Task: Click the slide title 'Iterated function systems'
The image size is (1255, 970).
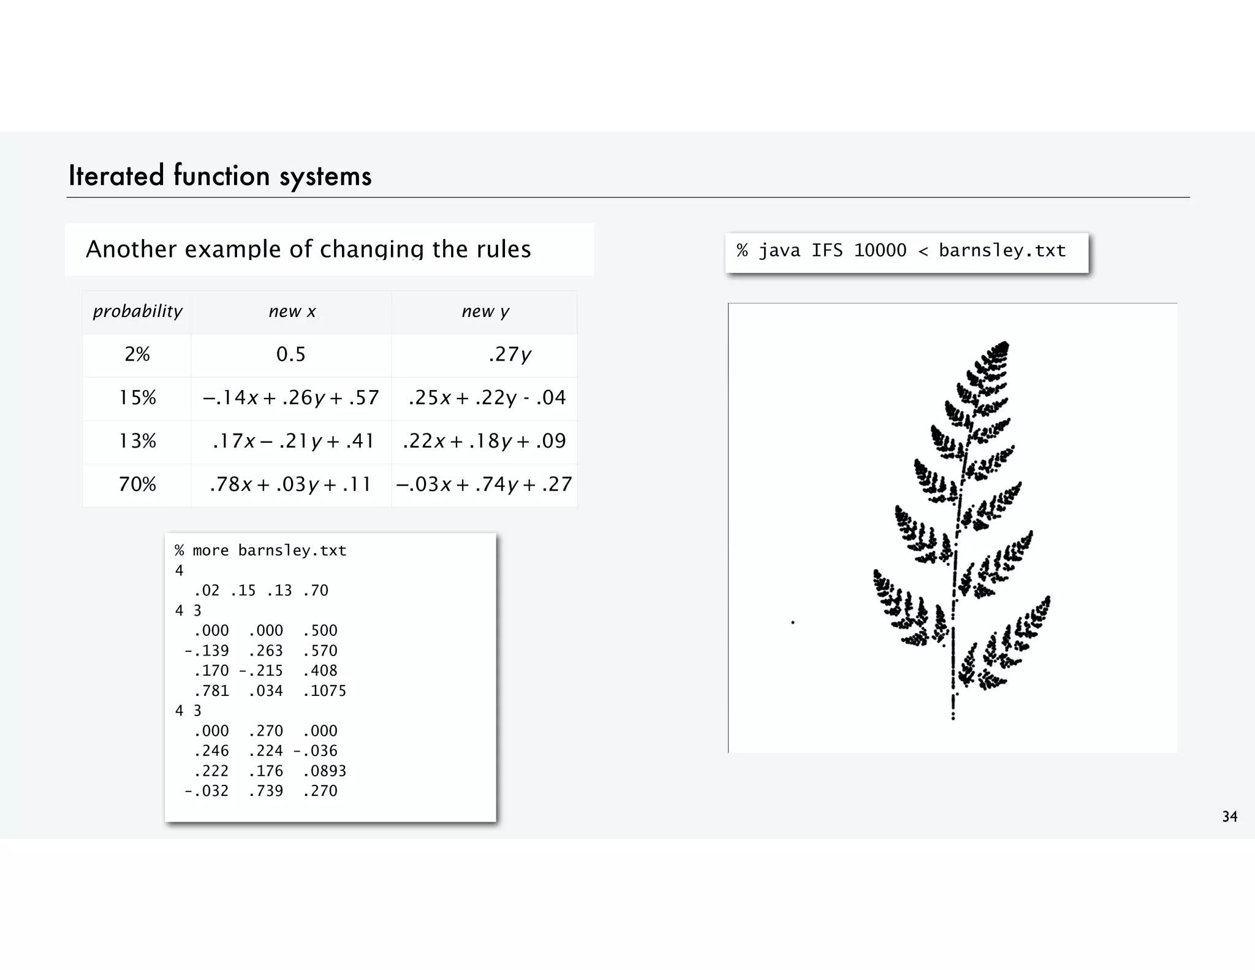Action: click(x=220, y=176)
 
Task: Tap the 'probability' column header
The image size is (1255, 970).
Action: click(x=137, y=311)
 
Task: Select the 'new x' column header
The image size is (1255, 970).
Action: click(x=292, y=311)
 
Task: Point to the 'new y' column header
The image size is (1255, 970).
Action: click(x=485, y=311)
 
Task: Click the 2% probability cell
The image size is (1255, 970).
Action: click(x=137, y=354)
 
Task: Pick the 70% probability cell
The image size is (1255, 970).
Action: click(x=137, y=484)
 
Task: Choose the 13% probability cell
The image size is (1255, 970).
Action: click(x=137, y=441)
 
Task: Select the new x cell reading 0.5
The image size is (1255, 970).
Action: click(x=290, y=354)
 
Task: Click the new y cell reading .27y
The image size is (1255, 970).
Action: click(x=509, y=354)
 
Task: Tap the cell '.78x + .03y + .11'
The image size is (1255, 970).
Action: click(x=290, y=484)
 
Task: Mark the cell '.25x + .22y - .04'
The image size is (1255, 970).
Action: click(x=487, y=398)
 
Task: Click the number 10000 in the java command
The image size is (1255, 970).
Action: click(x=880, y=250)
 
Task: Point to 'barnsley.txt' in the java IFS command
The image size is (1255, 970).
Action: click(x=1002, y=250)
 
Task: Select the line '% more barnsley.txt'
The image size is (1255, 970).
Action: click(x=260, y=551)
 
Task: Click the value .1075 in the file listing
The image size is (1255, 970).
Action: click(x=325, y=691)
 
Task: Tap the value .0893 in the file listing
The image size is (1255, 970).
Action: click(x=325, y=771)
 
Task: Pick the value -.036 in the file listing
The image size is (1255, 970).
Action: click(x=316, y=750)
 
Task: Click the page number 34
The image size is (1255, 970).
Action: click(x=1229, y=817)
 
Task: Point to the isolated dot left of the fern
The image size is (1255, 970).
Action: click(x=793, y=622)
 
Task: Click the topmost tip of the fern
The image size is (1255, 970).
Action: click(x=1005, y=343)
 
